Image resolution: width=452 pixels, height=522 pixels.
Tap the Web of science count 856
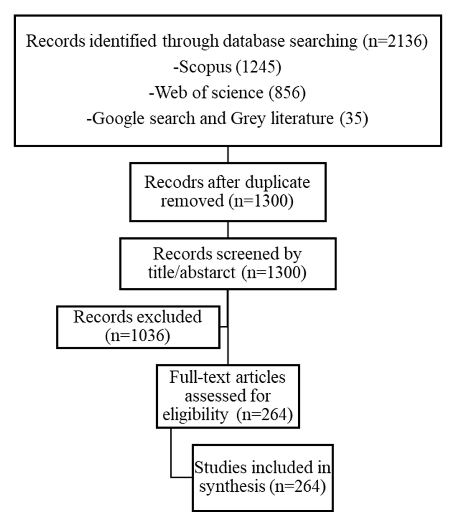(x=287, y=93)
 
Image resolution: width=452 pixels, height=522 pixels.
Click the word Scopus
(x=205, y=67)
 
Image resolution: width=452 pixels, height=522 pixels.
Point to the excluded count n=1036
(x=138, y=336)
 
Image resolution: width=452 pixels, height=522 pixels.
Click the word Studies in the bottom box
(x=221, y=468)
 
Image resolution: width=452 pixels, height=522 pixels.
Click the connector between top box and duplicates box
(x=228, y=154)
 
